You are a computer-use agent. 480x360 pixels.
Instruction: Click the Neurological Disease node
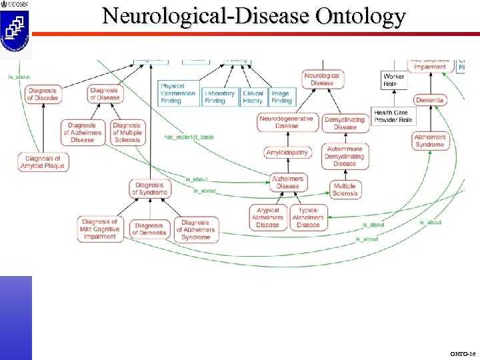point(322,79)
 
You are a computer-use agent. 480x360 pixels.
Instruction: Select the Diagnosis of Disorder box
point(43,94)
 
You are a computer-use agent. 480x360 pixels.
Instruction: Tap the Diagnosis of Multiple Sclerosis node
point(127,132)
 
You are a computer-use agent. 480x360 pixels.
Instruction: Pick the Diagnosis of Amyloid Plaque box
point(43,162)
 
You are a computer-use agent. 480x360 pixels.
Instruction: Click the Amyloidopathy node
point(287,153)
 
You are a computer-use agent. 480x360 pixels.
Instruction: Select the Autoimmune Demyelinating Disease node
point(345,156)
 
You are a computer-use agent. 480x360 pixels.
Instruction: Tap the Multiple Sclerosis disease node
point(345,189)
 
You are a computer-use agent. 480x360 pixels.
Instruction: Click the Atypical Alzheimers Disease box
point(268,217)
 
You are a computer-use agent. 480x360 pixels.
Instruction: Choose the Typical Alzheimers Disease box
point(308,217)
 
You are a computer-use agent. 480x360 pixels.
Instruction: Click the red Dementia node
point(430,101)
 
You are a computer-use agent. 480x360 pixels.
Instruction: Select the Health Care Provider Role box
point(393,117)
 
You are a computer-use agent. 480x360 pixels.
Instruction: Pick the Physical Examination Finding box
point(179,93)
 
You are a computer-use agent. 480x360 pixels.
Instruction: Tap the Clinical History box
point(253,97)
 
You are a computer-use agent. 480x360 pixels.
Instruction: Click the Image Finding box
point(281,97)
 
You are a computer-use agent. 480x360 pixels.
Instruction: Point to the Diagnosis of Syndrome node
point(150,189)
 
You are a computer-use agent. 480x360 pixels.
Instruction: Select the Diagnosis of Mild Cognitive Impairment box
point(100,229)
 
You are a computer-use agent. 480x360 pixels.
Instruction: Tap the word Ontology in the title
point(361,16)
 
